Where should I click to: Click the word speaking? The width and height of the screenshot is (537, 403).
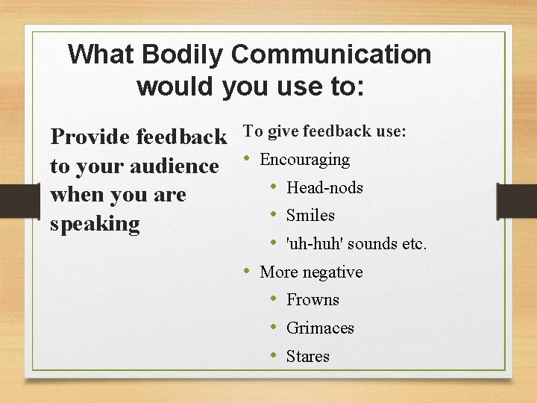coord(95,224)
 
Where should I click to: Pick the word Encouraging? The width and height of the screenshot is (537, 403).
coord(304,160)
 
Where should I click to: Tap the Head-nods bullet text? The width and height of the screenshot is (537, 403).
coord(324,187)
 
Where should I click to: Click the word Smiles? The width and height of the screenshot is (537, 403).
coord(310,216)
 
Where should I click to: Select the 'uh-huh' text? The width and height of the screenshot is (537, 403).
coord(313,244)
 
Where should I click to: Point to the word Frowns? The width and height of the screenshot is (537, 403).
coord(313,300)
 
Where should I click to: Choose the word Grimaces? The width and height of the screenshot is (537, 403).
coord(320,328)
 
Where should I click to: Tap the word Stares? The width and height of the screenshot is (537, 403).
coord(307,357)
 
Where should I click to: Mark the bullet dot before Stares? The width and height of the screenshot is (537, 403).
coord(274,355)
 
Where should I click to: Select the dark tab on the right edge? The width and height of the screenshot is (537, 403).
coord(517,201)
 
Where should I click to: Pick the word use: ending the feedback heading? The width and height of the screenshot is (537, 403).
coord(391,131)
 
